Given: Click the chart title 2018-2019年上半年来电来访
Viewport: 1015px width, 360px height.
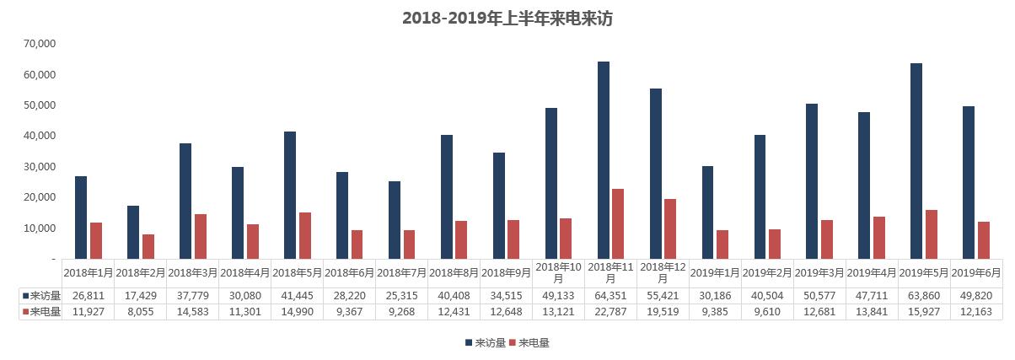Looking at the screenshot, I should point(507,19).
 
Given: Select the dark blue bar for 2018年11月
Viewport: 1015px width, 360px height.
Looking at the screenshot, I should point(603,160).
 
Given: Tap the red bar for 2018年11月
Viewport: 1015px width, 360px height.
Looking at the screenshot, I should point(618,223).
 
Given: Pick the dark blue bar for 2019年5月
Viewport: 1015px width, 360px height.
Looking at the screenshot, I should point(916,161).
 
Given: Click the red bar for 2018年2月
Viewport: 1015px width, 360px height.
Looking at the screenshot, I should point(148,246).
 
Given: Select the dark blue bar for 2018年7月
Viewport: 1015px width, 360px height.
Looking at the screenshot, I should point(394,220).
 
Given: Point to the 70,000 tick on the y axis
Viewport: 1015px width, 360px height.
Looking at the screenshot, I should point(40,44).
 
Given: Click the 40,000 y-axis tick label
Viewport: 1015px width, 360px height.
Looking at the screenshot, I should point(40,136).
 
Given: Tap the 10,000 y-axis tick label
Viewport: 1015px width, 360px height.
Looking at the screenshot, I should point(40,228).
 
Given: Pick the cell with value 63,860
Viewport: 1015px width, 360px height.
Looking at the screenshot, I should point(923,295).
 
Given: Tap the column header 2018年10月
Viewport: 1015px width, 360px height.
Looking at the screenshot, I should point(558,272).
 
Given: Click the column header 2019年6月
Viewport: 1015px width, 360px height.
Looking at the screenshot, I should point(975,272).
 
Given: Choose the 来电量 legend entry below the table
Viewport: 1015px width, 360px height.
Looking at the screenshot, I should point(533,343).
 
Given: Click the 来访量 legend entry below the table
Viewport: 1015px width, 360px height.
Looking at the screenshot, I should point(490,343).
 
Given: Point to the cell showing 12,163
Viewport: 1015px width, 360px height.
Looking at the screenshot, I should point(975,311).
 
